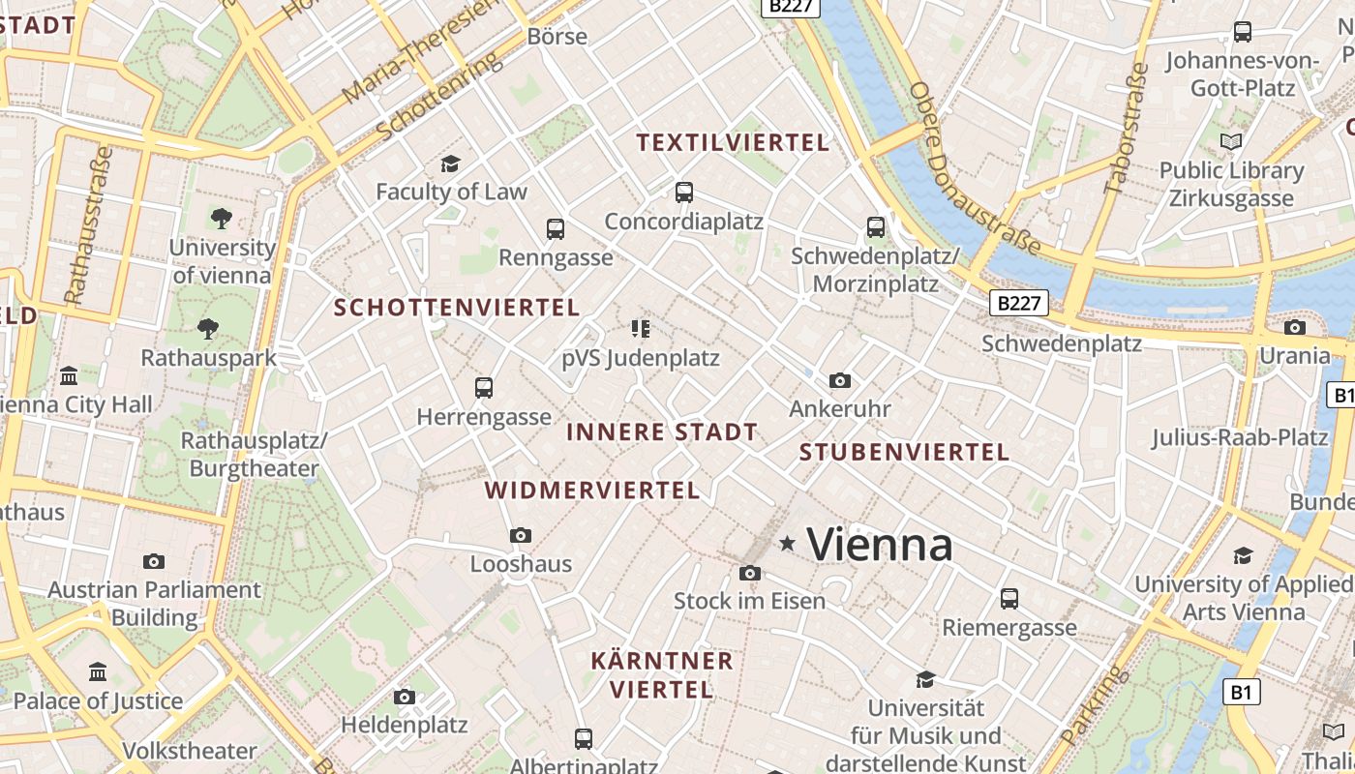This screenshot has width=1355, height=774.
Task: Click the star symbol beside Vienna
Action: point(788,544)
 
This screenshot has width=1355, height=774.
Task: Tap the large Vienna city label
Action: point(880,545)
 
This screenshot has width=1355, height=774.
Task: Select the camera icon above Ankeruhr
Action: point(840,380)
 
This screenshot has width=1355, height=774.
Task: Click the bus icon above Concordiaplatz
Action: point(684,192)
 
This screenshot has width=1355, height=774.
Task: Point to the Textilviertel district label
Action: point(733,143)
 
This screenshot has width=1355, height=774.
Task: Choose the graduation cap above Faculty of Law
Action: point(450,164)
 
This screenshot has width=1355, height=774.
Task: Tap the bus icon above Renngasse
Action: point(556,229)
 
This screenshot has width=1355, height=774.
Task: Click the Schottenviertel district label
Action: point(457,308)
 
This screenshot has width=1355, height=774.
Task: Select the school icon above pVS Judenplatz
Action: point(640,329)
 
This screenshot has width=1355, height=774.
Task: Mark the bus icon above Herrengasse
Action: point(484,388)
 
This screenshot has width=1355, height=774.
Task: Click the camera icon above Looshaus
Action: point(521,535)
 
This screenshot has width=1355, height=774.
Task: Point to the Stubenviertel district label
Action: point(904,452)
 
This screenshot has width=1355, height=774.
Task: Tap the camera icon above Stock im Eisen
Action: point(750,573)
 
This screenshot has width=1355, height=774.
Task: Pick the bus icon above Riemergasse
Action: point(1009,599)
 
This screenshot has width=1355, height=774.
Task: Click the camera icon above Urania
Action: point(1295,327)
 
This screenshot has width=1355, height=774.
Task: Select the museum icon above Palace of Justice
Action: point(98,671)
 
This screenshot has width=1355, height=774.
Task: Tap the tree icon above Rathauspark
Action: point(208,329)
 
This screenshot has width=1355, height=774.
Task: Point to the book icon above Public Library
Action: point(1231,142)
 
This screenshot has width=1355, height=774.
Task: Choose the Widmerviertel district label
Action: point(592,491)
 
